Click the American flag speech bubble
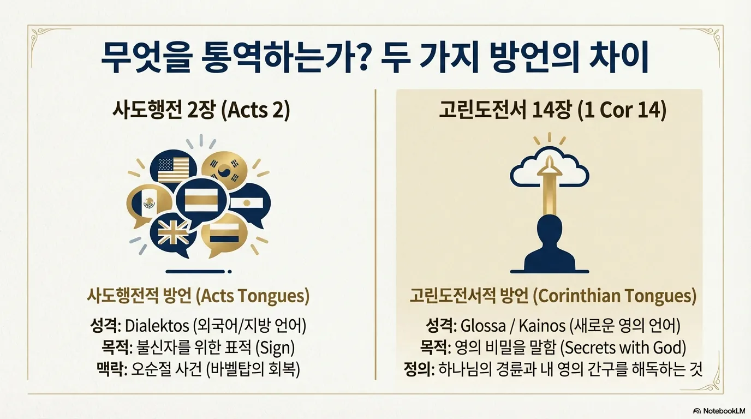[x=174, y=170]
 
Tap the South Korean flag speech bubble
[x=224, y=172]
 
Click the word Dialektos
[x=157, y=326]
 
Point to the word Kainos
[x=542, y=326]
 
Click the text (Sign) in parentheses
[x=275, y=348]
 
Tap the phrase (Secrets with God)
[x=623, y=348]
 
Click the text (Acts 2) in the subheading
[x=255, y=110]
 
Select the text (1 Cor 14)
[x=622, y=110]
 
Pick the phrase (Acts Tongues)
[x=252, y=296]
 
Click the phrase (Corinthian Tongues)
[x=614, y=296]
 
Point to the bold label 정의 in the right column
[x=417, y=369]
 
